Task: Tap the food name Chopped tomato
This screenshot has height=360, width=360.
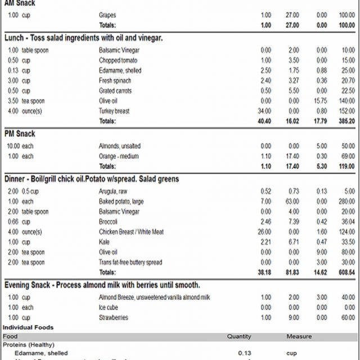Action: pyautogui.click(x=117, y=60)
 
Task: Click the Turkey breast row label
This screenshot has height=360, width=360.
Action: pyautogui.click(x=114, y=111)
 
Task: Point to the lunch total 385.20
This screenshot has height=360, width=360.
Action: pyautogui.click(x=344, y=121)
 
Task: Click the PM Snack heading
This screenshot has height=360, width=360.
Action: pyautogui.click(x=20, y=134)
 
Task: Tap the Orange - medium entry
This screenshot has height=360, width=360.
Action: pyautogui.click(x=119, y=156)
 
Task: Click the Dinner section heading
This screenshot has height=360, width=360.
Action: pyautogui.click(x=92, y=179)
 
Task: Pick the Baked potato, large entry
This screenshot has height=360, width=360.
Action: pyautogui.click(x=120, y=201)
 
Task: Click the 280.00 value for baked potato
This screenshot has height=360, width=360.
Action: pyautogui.click(x=346, y=201)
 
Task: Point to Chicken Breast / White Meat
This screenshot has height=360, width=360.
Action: pyautogui.click(x=131, y=232)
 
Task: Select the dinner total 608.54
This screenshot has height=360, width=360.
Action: pyautogui.click(x=344, y=272)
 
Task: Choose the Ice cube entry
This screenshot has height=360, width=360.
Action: pyautogui.click(x=109, y=307)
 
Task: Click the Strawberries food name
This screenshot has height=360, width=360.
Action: pyautogui.click(x=113, y=317)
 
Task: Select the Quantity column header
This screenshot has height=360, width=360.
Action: pyautogui.click(x=239, y=336)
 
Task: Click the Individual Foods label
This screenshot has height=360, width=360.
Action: pyautogui.click(x=29, y=327)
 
